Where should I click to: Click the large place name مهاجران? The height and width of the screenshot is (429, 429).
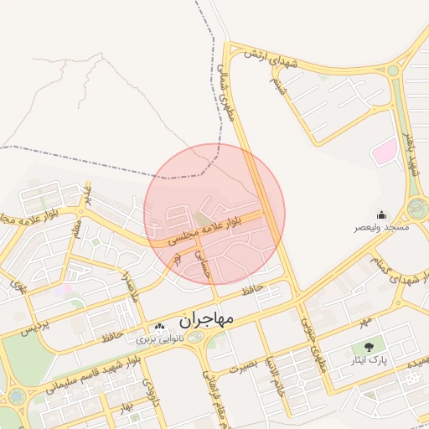click(209, 320)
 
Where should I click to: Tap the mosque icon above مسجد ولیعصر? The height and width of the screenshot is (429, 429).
click(382, 214)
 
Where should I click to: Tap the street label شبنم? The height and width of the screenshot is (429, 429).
click(277, 85)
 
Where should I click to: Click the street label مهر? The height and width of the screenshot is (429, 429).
click(364, 322)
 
